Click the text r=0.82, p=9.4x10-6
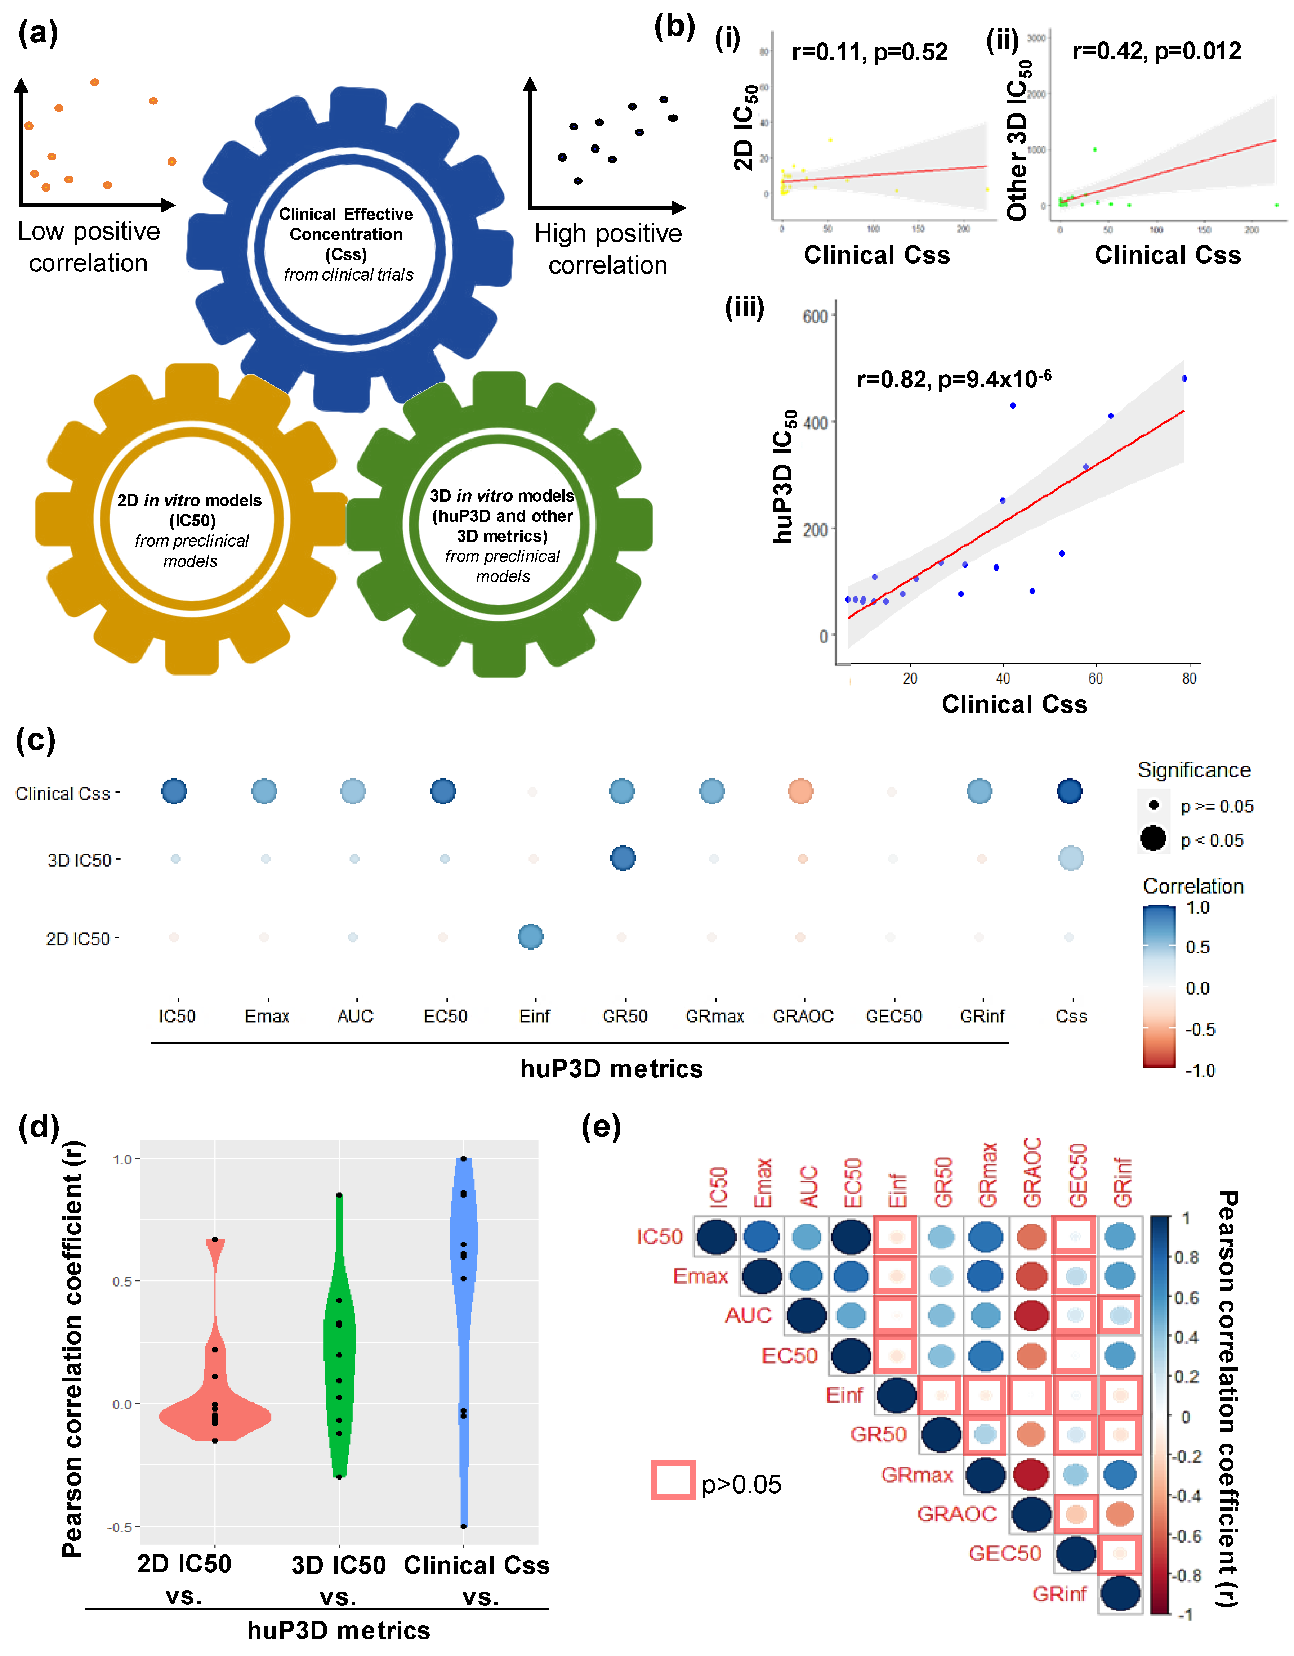(954, 378)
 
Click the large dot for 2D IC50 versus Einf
(531, 937)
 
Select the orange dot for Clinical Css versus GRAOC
(801, 791)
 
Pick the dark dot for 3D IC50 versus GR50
(623, 858)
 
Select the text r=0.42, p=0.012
(1157, 51)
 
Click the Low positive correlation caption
(89, 247)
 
